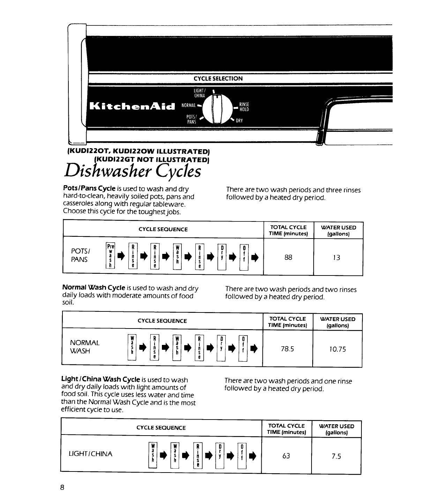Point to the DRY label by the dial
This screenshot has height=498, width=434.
tap(239, 121)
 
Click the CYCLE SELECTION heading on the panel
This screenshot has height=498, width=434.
tap(218, 78)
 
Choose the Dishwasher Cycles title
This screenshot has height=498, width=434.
tap(133, 171)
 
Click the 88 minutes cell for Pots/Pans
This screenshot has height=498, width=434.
tap(288, 257)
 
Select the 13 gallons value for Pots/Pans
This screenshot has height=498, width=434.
tap(336, 258)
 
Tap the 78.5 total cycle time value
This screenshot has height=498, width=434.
tap(287, 349)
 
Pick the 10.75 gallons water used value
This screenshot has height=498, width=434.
tap(337, 349)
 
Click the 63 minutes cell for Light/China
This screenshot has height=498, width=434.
tap(286, 456)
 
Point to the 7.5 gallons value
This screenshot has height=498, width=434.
tap(336, 456)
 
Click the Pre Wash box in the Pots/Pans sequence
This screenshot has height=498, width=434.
tap(110, 256)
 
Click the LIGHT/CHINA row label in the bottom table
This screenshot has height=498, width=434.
tap(91, 454)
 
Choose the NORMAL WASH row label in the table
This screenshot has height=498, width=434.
tap(85, 347)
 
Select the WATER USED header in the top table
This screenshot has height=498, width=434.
tap(338, 230)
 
